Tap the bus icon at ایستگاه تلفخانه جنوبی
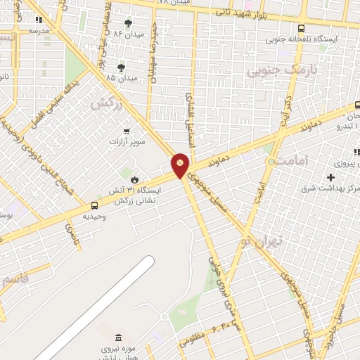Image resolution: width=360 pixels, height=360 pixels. [x=302, y=28]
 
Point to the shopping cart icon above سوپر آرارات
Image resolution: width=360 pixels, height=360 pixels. [x=126, y=130]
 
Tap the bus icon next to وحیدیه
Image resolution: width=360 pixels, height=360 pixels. [x=94, y=205]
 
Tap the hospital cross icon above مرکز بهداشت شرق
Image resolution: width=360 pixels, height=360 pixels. [x=330, y=177]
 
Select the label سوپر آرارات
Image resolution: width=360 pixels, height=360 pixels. [x=126, y=142]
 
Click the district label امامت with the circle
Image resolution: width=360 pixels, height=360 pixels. [x=288, y=162]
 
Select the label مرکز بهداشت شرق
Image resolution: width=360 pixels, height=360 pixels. [x=330, y=188]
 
